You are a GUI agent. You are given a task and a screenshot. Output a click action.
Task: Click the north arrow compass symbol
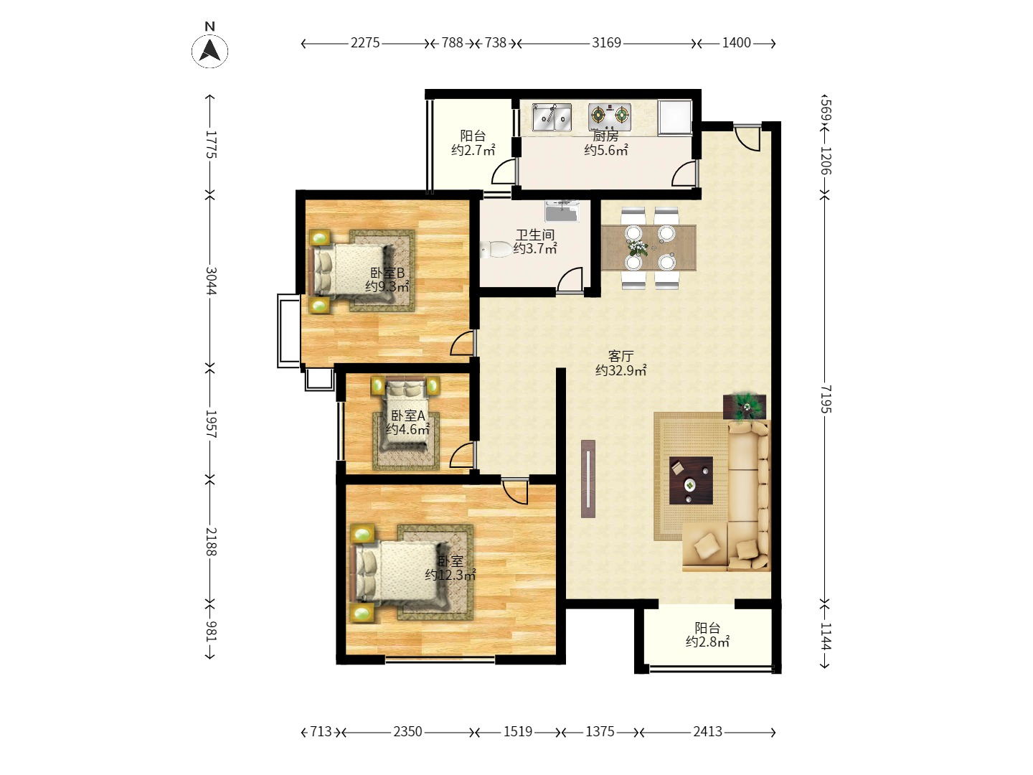(209, 50)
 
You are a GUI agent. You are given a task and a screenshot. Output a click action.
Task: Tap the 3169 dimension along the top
(606, 43)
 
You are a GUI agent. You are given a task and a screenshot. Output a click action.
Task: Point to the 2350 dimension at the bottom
(407, 732)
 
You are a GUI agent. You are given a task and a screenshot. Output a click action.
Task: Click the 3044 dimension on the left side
(211, 281)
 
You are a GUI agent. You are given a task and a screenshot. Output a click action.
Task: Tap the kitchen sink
(552, 117)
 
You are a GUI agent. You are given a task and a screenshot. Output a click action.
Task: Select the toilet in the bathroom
(497, 250)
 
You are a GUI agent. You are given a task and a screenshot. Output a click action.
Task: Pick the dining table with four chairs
(649, 248)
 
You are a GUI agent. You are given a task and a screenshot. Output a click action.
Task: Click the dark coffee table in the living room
(691, 481)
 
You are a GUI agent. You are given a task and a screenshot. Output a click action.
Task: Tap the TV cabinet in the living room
(588, 479)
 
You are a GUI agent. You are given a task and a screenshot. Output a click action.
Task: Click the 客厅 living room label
(621, 356)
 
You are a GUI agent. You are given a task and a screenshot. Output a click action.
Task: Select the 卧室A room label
(407, 415)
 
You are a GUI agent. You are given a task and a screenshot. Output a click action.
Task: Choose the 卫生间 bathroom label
(535, 235)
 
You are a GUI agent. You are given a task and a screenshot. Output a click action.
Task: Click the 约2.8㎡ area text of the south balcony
(707, 642)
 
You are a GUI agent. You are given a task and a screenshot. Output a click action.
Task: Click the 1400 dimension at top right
(736, 43)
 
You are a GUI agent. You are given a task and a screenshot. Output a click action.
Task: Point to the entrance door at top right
(747, 137)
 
